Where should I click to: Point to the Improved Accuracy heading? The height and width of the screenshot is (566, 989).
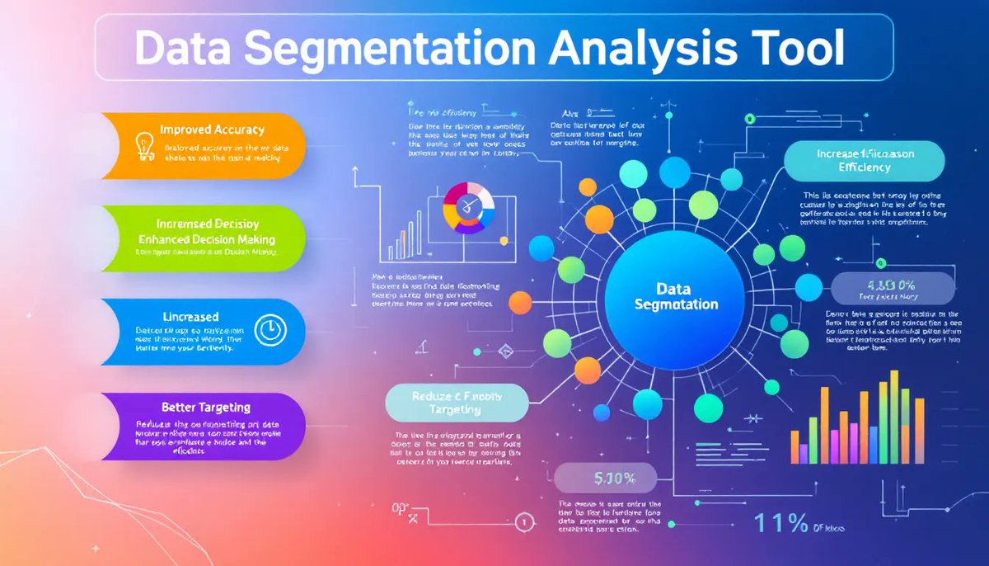point(212,130)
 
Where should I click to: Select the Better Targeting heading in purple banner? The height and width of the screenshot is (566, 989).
point(206,407)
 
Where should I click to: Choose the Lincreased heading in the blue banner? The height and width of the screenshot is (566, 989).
point(190,316)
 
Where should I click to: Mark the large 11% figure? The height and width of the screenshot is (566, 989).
point(782,524)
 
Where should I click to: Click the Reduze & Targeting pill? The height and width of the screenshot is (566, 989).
point(456,403)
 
